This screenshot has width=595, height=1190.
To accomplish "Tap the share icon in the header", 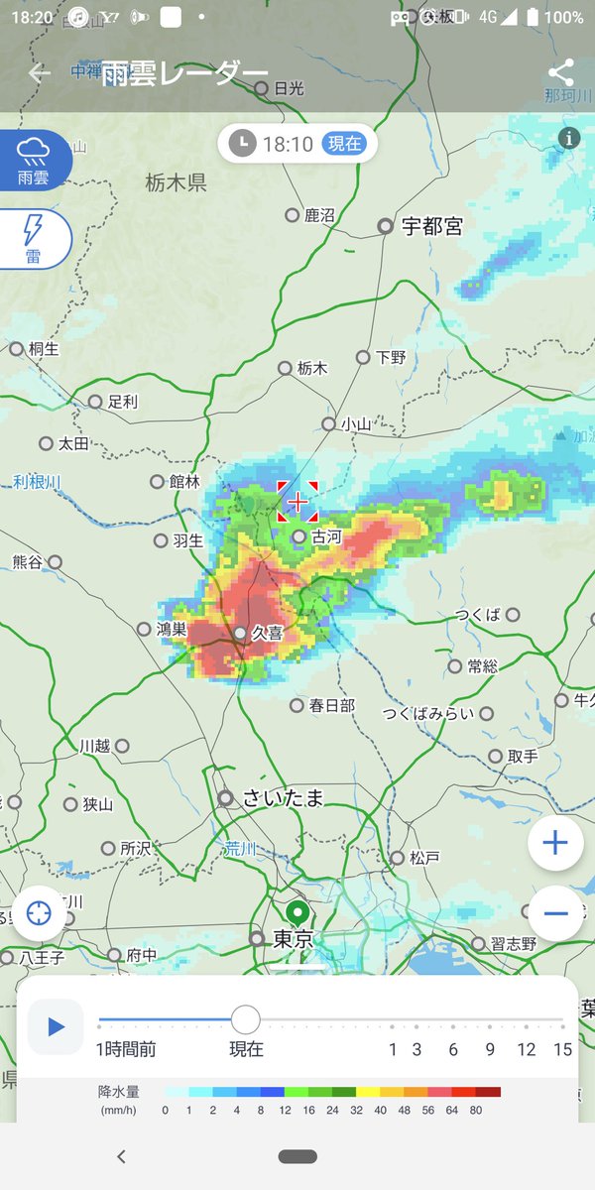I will click(560, 72).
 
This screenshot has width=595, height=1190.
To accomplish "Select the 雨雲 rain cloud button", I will click(34, 162).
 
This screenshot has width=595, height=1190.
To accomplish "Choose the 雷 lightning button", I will click(34, 239).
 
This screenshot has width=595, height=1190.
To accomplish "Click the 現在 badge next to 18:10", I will click(344, 144).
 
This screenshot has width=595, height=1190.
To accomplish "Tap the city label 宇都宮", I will click(431, 226).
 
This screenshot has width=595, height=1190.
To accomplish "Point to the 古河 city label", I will click(326, 536).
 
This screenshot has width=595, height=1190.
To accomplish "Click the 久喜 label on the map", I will click(268, 633).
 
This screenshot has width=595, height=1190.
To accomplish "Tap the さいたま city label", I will click(285, 797).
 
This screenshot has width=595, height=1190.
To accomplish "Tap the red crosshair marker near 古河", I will click(297, 502).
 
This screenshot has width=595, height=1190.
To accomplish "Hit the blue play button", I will click(56, 1025).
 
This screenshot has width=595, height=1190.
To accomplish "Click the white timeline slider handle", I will click(245, 1018).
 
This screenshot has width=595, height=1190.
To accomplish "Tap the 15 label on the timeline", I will click(563, 1049).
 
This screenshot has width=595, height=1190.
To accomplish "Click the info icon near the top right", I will click(569, 138).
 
